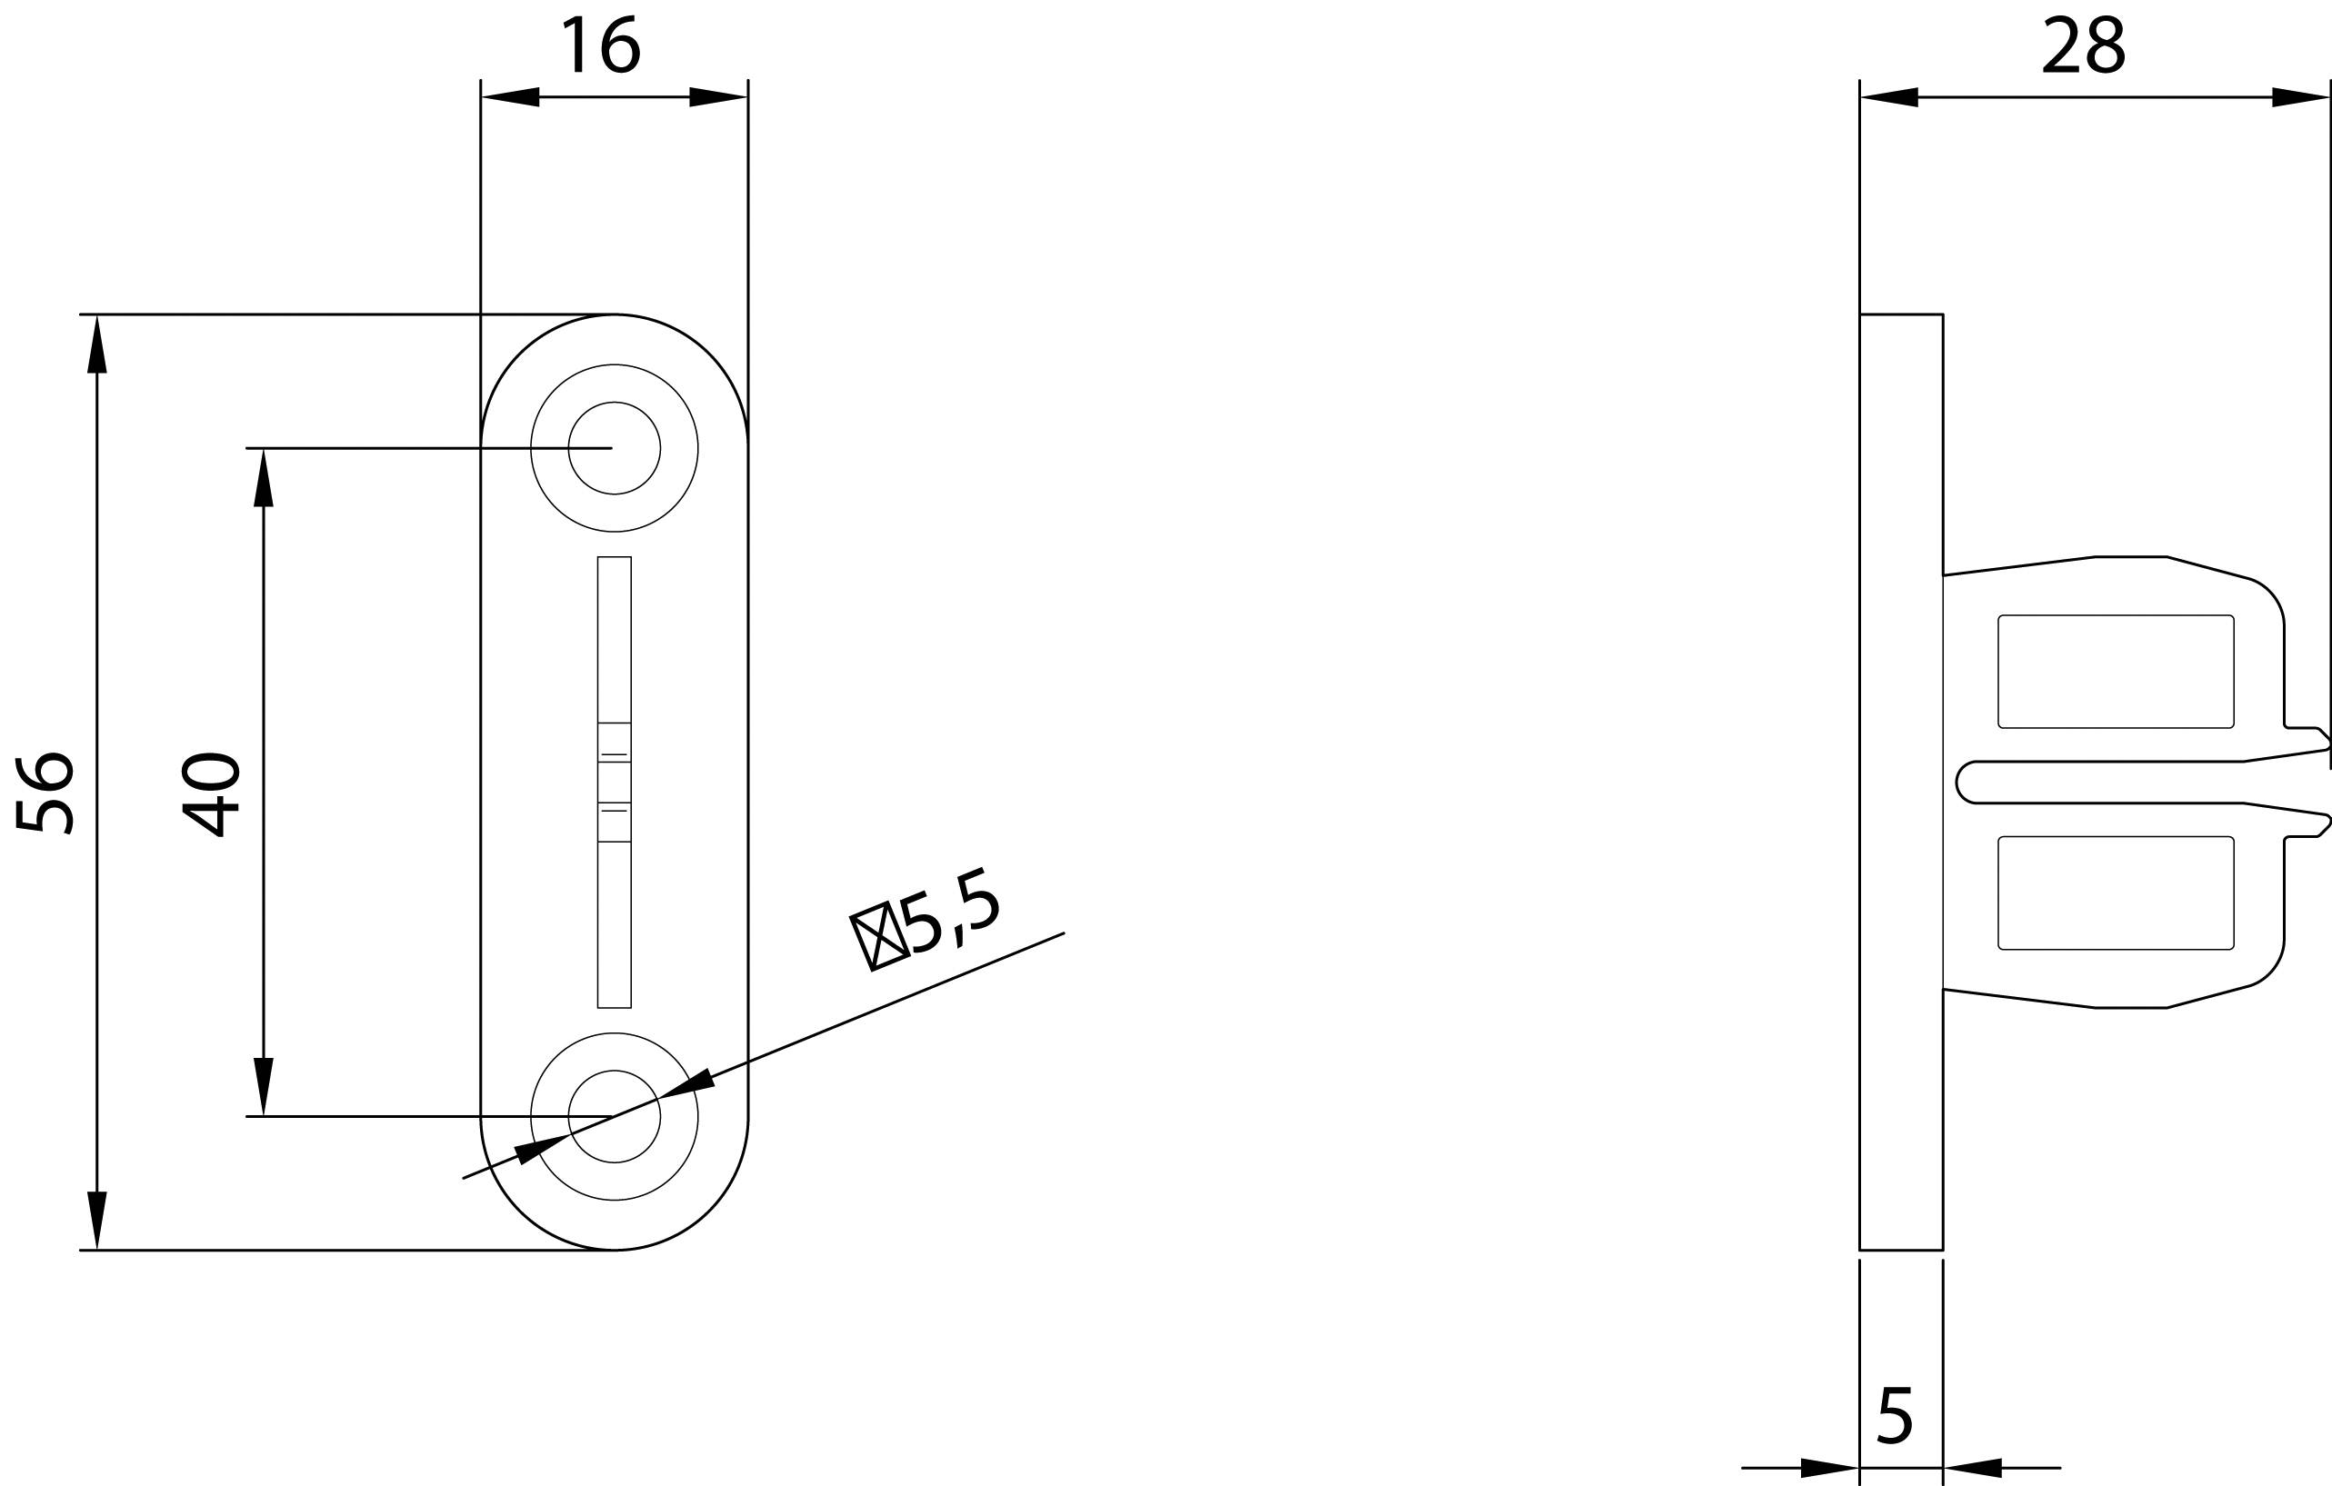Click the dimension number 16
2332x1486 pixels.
[600, 45]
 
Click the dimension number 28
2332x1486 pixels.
[2083, 45]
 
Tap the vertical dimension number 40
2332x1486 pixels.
[211, 793]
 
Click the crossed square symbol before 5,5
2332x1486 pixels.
[878, 936]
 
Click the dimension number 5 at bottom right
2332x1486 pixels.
[1896, 1417]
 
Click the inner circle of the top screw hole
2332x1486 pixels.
[614, 448]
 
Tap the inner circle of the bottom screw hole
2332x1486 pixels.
[614, 1116]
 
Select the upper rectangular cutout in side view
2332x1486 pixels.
[2116, 672]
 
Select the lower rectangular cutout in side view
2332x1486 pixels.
[2116, 893]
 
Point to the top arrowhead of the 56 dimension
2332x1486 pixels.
[97, 344]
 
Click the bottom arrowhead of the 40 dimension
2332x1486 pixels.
[264, 1087]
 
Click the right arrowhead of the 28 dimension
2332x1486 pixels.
[2299, 97]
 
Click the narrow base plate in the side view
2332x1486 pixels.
[1901, 783]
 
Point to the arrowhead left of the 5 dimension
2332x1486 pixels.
[1829, 1468]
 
